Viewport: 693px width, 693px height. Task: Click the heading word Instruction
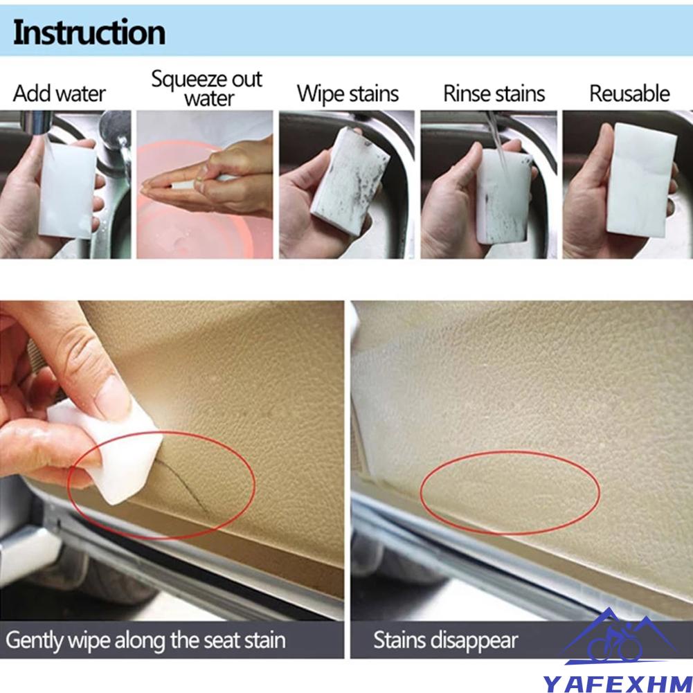(89, 33)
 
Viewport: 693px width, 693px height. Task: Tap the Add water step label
(60, 93)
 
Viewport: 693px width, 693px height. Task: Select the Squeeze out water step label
(207, 89)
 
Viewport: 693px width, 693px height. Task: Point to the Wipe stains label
(348, 93)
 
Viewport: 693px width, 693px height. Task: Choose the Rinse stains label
(494, 93)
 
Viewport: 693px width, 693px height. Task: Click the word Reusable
(629, 93)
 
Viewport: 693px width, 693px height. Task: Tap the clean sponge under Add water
(67, 189)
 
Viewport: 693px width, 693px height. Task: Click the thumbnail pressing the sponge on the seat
(112, 398)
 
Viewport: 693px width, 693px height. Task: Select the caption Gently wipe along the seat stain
(145, 640)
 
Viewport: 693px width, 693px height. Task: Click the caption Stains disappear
(446, 640)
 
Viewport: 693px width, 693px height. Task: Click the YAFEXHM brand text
(617, 683)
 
